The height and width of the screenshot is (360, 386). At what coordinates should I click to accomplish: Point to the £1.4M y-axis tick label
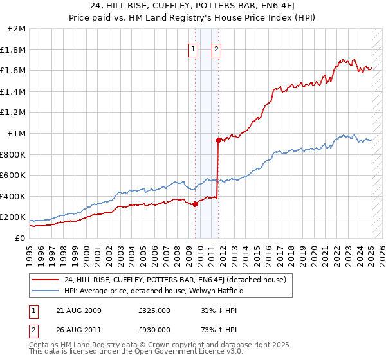(x=14, y=91)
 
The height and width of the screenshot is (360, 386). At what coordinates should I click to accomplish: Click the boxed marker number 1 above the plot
(x=194, y=50)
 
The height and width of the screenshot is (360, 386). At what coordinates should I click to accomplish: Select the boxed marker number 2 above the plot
(x=216, y=50)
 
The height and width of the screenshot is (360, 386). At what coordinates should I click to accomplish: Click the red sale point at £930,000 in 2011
(x=219, y=140)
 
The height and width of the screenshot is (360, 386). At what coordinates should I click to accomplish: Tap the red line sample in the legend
(x=46, y=279)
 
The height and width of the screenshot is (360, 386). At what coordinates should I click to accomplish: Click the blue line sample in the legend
(x=46, y=291)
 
